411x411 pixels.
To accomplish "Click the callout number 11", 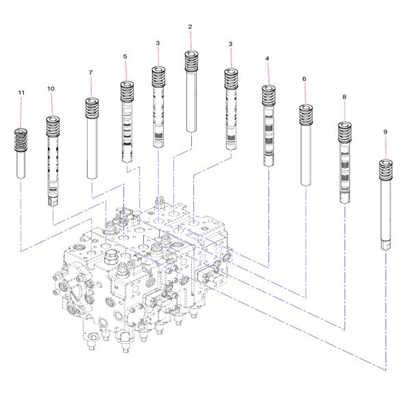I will click(21, 92).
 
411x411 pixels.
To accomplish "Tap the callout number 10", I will click(51, 89).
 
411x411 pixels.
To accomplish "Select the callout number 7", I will click(90, 73).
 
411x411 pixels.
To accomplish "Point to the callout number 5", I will click(125, 56).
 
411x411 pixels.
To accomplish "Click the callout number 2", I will click(190, 27).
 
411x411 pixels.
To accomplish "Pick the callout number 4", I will click(267, 59).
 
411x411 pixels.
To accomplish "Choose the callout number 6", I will click(304, 79).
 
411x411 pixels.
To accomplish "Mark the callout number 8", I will click(344, 97).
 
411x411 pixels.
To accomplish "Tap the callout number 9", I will click(385, 131).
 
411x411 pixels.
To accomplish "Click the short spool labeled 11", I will click(21, 161).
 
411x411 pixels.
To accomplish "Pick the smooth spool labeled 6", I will click(305, 154).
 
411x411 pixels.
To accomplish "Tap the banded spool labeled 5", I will click(125, 130).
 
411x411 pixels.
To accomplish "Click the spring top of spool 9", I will click(385, 168).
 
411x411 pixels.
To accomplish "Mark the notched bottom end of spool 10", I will click(51, 201).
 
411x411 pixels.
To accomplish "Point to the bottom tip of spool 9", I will click(385, 245).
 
